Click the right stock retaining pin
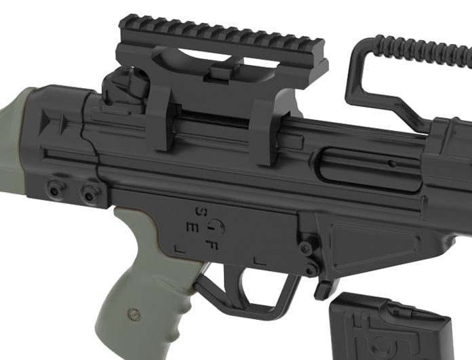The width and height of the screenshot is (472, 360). (89, 194)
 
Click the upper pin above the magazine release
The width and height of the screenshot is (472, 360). (306, 248)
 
